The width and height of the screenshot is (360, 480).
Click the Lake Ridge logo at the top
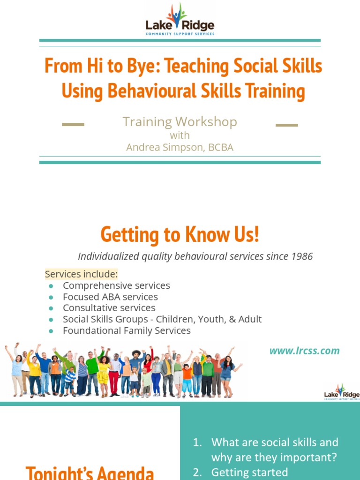pos(180,22)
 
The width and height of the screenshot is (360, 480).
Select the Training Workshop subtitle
pos(180,122)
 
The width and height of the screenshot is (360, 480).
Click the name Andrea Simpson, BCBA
pos(180,147)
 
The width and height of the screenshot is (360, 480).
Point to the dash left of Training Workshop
pos(73,125)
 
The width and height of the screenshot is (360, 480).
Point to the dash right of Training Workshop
pos(286,125)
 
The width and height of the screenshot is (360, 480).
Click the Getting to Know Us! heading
pos(180,234)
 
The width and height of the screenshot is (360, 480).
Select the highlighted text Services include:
pos(81,274)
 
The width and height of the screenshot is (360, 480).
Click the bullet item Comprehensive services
pos(116,285)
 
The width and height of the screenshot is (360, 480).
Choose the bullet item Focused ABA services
pos(110,297)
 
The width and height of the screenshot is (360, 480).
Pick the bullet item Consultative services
pos(109,308)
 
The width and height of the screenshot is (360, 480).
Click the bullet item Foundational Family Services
pos(127,330)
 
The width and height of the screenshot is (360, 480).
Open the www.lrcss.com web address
pos(304,351)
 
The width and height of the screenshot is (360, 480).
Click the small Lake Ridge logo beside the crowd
pos(341,391)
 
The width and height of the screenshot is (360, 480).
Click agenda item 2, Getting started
pos(249,472)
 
